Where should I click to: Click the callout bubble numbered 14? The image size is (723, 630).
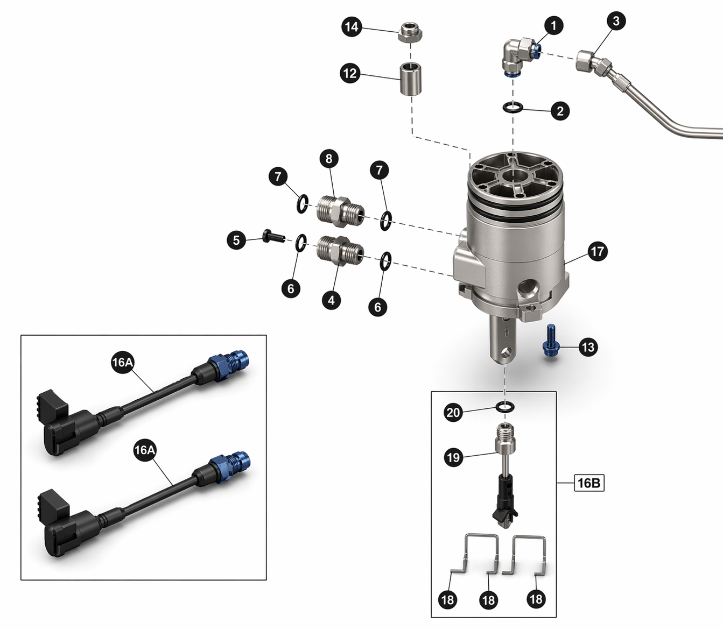[352, 27]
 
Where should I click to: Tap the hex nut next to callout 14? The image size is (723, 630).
[411, 32]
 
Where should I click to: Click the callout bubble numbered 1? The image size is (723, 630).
[553, 25]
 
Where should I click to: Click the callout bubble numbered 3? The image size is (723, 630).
[616, 21]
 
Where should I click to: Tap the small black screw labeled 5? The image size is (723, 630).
[273, 236]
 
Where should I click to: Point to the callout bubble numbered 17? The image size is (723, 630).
[598, 252]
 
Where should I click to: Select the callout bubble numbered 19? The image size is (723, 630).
[453, 458]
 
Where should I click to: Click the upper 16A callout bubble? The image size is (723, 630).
[122, 362]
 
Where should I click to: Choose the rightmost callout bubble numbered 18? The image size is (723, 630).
[536, 599]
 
